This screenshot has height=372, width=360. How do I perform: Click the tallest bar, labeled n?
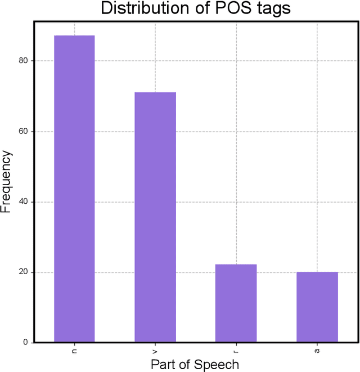pos(74,189)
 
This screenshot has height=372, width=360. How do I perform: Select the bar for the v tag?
pos(155,217)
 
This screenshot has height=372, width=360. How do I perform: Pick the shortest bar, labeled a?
pos(317,307)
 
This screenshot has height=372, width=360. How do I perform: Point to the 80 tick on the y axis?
pos(22,61)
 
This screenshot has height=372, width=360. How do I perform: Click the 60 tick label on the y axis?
pos(22,132)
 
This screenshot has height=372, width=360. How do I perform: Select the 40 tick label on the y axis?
pos(22,202)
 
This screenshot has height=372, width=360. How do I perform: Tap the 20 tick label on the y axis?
pos(22,272)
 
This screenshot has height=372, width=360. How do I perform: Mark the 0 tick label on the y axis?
pos(25,343)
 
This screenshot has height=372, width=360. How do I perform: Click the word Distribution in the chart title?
pos(143,9)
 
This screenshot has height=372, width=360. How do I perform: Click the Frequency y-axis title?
pos(7,181)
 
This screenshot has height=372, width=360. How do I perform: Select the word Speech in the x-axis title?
pos(217,365)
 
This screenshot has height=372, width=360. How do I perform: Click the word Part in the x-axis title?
pos(163,364)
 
